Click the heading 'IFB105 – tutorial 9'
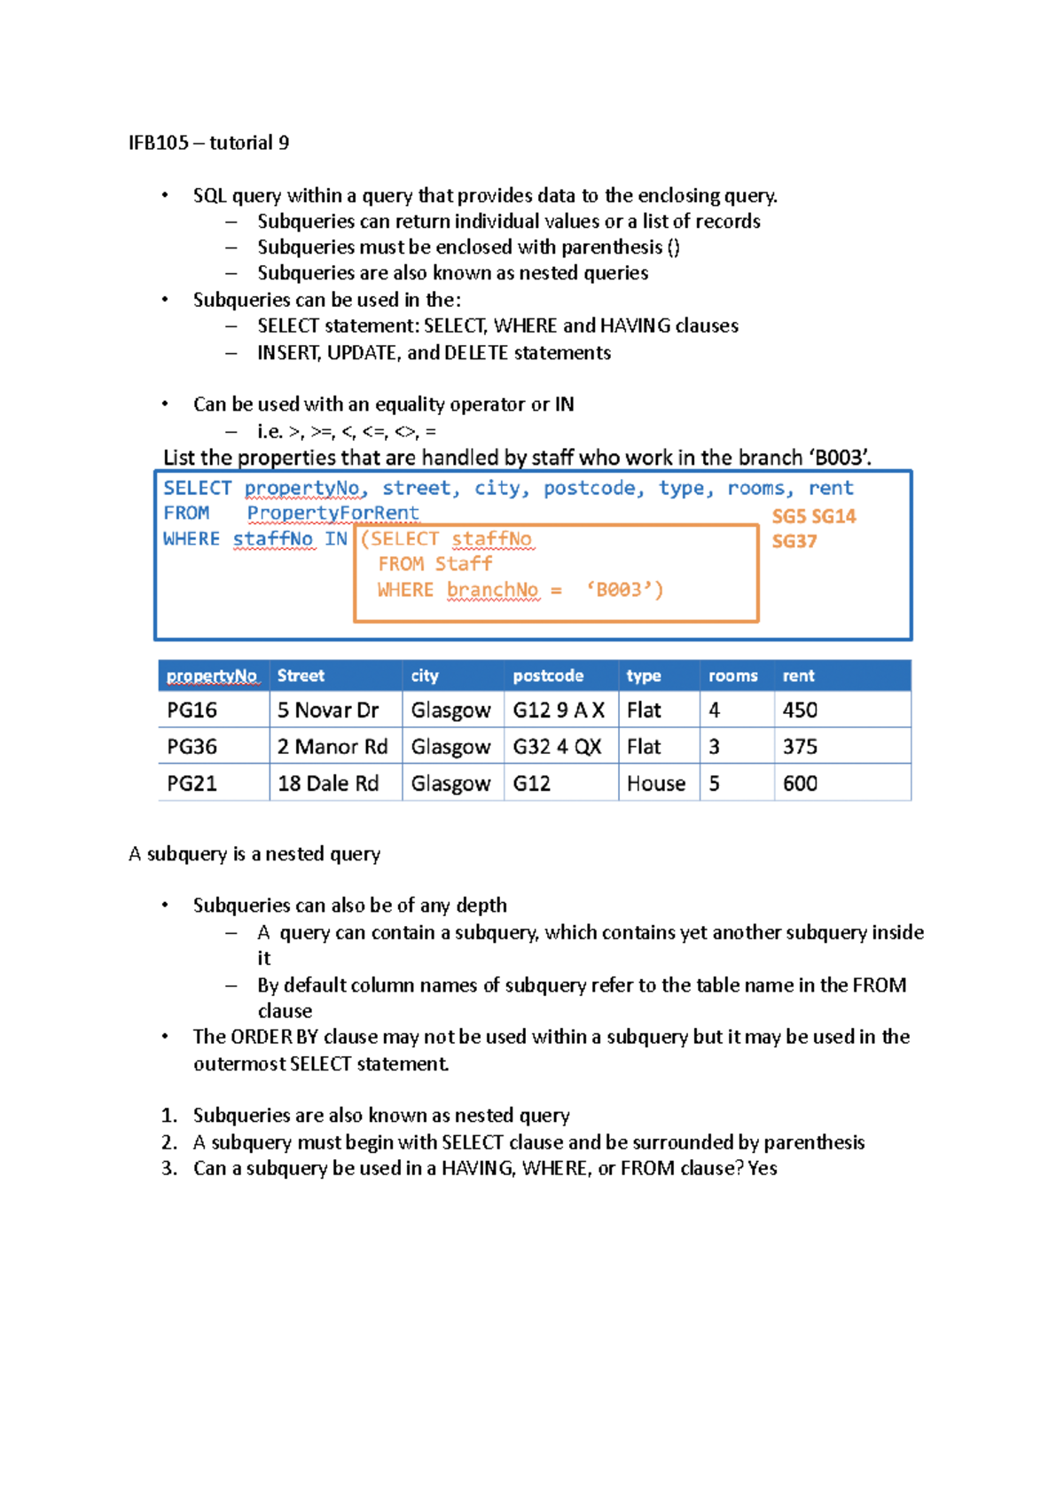click(208, 143)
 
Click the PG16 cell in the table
click(192, 710)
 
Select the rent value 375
click(800, 747)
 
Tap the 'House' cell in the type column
click(655, 784)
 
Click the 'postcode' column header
click(547, 676)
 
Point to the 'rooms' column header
click(732, 676)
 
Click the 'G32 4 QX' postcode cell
click(557, 747)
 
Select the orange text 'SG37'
click(794, 541)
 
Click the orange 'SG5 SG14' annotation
click(813, 516)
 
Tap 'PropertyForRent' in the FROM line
click(332, 513)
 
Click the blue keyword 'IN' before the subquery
click(335, 538)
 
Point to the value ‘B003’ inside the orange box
click(624, 590)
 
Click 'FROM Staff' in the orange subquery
click(434, 564)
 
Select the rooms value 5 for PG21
click(714, 784)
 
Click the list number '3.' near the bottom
click(169, 1168)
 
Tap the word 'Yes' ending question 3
click(762, 1168)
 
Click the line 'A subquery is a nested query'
click(254, 854)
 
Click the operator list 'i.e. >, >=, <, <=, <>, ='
click(346, 432)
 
